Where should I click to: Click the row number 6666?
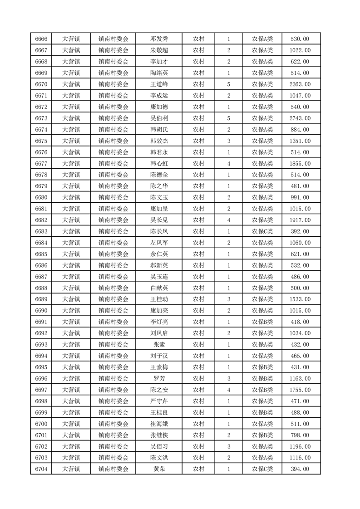[x=41, y=39]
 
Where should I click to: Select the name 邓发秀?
[x=159, y=39]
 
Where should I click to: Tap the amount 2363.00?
[x=300, y=84]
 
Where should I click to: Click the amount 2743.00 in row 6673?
[x=300, y=118]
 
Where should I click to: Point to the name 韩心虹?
[x=159, y=163]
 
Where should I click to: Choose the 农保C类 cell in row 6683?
[x=262, y=231]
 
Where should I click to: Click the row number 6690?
[x=41, y=311]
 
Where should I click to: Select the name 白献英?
[x=159, y=288]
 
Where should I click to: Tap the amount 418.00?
[x=300, y=322]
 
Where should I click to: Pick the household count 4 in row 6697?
[x=228, y=390]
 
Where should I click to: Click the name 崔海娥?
[x=159, y=424]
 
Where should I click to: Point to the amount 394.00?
[x=300, y=469]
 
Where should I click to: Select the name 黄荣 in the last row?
[x=159, y=469]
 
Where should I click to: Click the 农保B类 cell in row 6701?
[x=262, y=435]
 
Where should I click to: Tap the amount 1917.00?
[x=300, y=220]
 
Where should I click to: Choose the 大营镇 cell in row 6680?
[x=71, y=197]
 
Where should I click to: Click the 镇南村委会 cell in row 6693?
[x=113, y=345]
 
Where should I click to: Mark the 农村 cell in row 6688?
[x=198, y=288]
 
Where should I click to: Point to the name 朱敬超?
[x=159, y=50]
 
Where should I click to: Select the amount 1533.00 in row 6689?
[x=300, y=299]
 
